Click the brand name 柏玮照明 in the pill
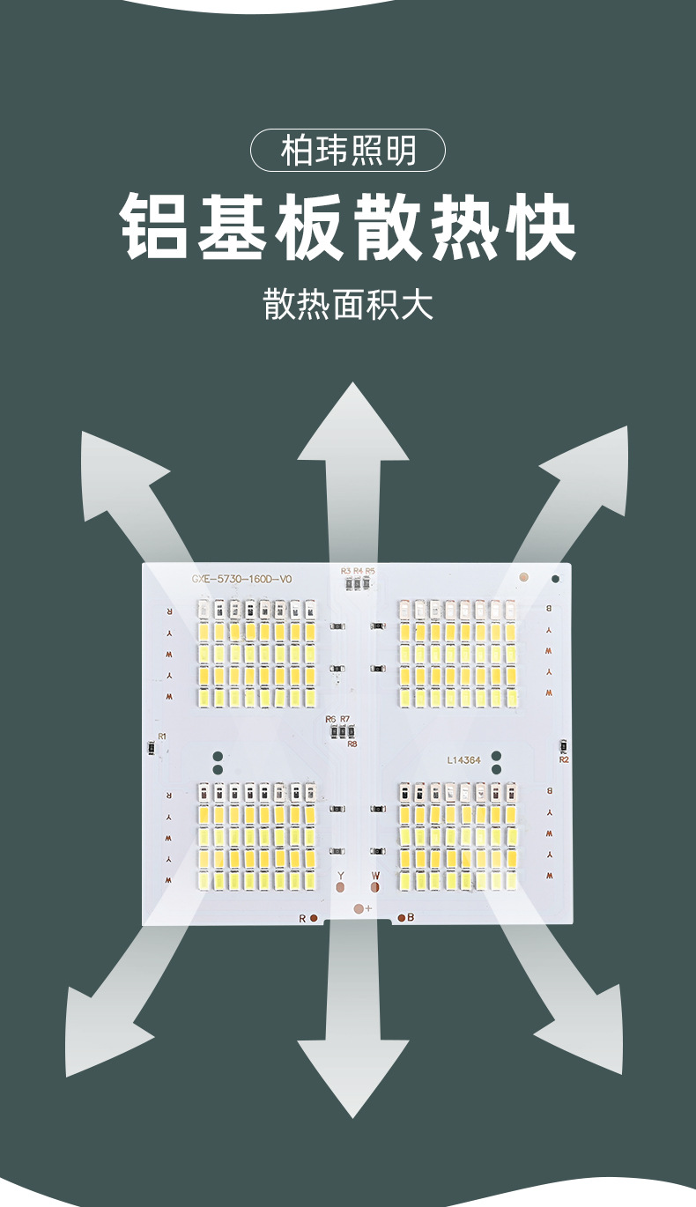point(348,151)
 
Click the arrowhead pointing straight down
point(353,1075)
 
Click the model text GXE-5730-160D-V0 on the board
point(241,579)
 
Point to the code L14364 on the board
point(464,759)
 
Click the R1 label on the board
point(162,736)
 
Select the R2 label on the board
point(564,759)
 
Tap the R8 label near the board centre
point(352,744)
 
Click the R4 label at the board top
point(358,571)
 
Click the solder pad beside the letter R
point(314,918)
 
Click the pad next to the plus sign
point(357,907)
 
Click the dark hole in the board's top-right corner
point(555,579)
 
